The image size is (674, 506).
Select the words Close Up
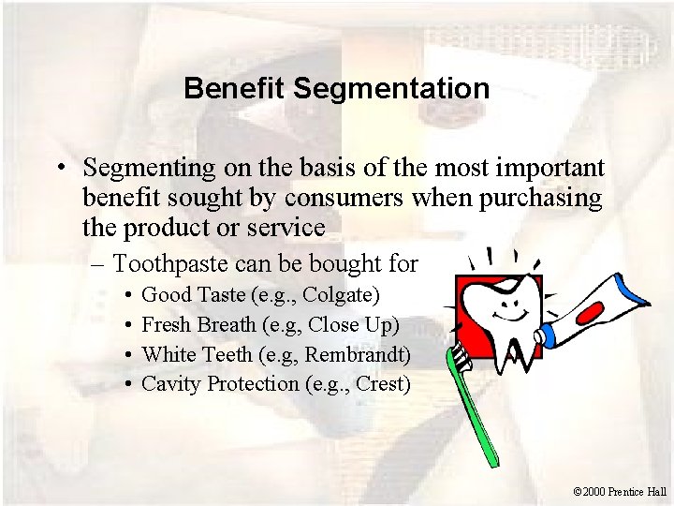(x=362, y=325)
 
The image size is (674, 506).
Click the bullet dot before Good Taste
(x=126, y=297)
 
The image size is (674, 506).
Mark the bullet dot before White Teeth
(x=126, y=355)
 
